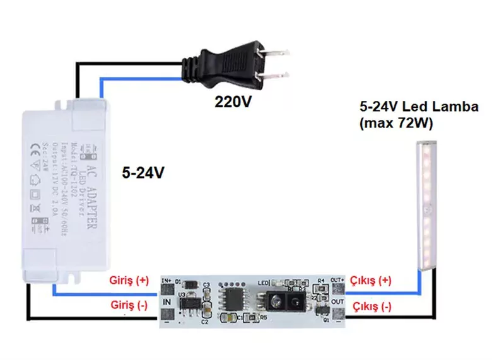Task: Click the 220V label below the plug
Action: point(233,102)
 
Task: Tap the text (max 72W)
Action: point(395,124)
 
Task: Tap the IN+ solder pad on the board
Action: point(168,289)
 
